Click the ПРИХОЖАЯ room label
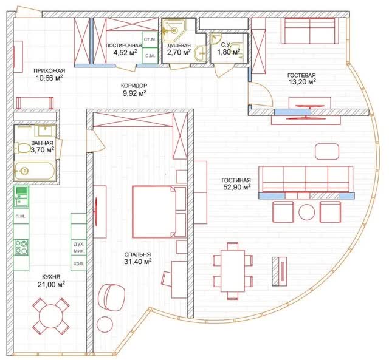coord(49,70)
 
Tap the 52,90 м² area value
coord(237,187)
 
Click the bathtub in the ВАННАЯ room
coord(35,171)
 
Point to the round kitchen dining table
coord(51,316)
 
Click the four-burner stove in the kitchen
coord(21,247)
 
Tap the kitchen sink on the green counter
coord(21,197)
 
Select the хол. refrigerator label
coord(78,264)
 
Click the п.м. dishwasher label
coord(21,216)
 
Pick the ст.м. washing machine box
coord(150,39)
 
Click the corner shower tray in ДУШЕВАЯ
coord(174,29)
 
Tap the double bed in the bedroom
coord(154,212)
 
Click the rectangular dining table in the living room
coord(233,271)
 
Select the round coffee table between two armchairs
coord(307,212)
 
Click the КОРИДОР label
coord(134,86)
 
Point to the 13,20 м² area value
coord(302,81)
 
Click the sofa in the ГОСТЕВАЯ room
coord(310,31)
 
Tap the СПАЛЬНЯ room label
coord(137,254)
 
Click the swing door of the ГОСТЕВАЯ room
coord(261,93)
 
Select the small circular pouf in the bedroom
coord(105,324)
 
